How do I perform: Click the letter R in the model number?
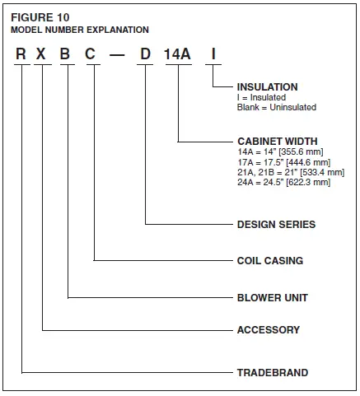pyautogui.click(x=21, y=55)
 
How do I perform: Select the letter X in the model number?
pyautogui.click(x=43, y=55)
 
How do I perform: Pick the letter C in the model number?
pyautogui.click(x=94, y=55)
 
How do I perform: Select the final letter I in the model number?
pyautogui.click(x=213, y=55)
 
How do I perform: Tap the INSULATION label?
pyautogui.click(x=267, y=86)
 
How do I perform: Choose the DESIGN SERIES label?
pyautogui.click(x=275, y=224)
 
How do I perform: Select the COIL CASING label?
pyautogui.click(x=269, y=261)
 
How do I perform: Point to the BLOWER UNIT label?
pyautogui.click(x=272, y=297)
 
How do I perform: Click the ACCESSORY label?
pyautogui.click(x=268, y=330)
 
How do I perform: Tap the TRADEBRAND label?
pyautogui.click(x=272, y=373)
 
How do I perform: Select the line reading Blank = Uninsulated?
pyautogui.click(x=276, y=107)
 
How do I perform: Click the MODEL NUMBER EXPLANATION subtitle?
pyautogui.click(x=79, y=30)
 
